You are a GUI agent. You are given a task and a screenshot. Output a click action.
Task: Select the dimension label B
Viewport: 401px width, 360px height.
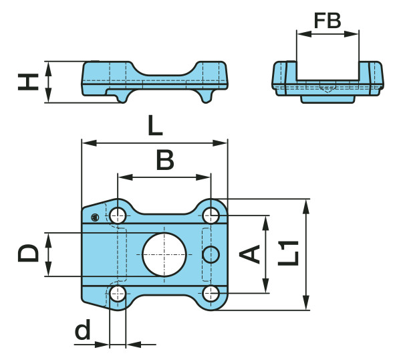164,161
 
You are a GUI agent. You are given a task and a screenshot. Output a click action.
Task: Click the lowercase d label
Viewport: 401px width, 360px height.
82,331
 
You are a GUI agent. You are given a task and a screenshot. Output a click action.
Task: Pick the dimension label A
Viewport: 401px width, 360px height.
250,254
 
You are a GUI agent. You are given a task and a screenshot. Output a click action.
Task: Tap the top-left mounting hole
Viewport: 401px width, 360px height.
119,215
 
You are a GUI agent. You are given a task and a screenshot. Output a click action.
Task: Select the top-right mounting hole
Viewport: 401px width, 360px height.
211,215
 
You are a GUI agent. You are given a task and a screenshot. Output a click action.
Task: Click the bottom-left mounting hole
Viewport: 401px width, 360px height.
119,293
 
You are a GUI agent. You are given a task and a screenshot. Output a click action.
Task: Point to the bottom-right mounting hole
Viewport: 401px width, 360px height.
211,293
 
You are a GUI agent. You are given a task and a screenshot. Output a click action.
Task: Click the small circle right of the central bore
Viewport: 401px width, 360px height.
211,254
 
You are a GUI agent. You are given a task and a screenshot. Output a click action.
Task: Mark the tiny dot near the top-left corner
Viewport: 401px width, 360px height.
96,216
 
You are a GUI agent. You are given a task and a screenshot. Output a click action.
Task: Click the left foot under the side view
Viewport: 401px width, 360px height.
120,98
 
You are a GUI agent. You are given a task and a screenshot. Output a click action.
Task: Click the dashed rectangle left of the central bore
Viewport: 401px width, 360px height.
122,254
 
